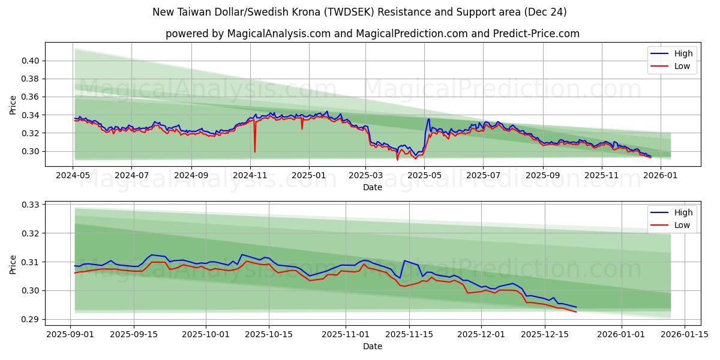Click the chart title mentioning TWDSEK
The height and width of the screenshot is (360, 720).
tap(359, 12)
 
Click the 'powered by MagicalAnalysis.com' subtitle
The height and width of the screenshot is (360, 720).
tap(372, 34)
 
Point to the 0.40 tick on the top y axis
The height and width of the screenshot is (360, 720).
tap(31, 61)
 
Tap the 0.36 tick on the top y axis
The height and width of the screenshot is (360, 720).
tap(31, 97)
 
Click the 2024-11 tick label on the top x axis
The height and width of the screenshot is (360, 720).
tap(250, 176)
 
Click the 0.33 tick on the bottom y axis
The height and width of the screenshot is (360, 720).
tap(31, 205)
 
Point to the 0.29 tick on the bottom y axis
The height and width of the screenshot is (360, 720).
tap(31, 319)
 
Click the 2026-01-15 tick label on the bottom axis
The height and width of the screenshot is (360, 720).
tap(685, 335)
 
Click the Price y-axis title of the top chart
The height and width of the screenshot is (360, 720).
tap(13, 106)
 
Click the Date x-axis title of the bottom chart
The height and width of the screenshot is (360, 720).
tap(372, 346)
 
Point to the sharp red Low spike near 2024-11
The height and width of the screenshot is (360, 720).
tap(254, 151)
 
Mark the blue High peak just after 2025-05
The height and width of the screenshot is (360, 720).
tap(428, 119)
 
